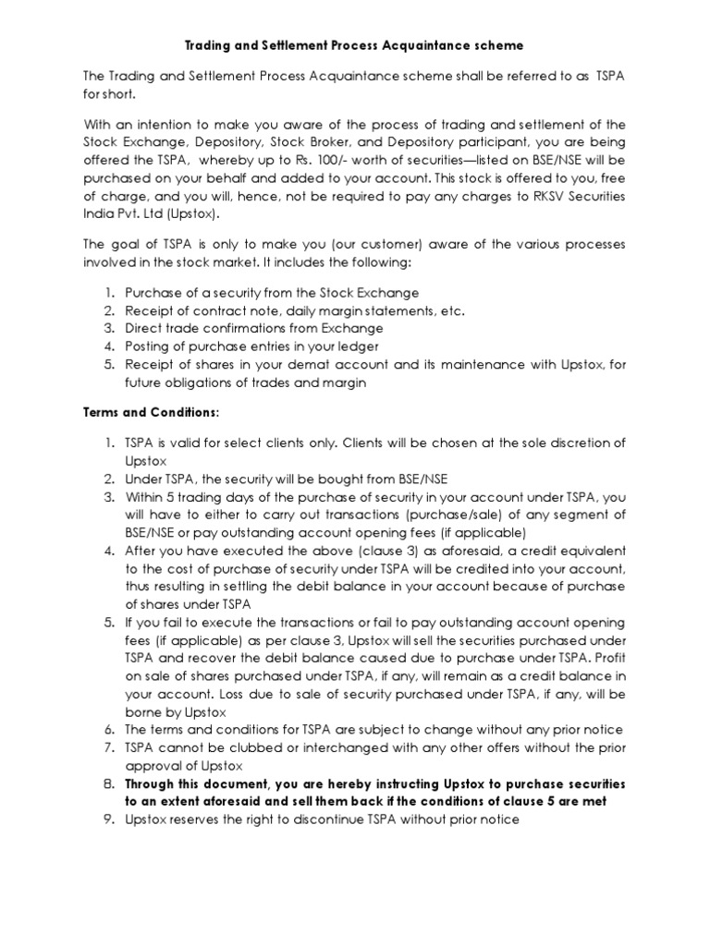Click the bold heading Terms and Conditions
tap(152, 409)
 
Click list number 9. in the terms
tap(108, 819)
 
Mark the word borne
tap(143, 711)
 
